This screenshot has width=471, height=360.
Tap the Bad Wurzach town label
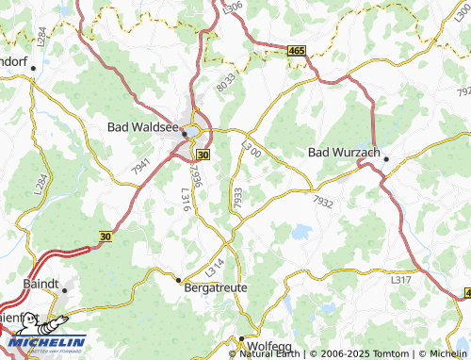[x=343, y=152]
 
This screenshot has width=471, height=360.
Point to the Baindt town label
[x=38, y=283]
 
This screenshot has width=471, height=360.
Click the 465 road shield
[x=297, y=49]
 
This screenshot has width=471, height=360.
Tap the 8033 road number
[x=225, y=81]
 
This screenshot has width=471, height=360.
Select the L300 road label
[x=251, y=149]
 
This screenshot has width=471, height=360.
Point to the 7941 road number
[x=141, y=168]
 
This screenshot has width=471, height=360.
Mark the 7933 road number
[x=237, y=198]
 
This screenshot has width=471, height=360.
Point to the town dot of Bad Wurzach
[x=385, y=159]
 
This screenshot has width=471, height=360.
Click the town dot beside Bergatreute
[x=178, y=279]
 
